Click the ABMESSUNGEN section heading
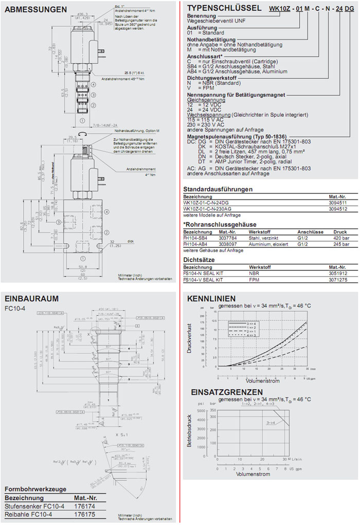[35, 9]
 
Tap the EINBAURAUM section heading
[31, 298]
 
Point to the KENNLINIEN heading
[211, 298]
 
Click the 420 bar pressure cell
[341, 238]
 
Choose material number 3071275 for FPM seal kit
[338, 280]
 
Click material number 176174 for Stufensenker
[84, 506]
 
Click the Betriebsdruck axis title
[189, 429]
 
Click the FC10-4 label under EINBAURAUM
[15, 309]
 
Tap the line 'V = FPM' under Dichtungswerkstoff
[199, 87]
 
